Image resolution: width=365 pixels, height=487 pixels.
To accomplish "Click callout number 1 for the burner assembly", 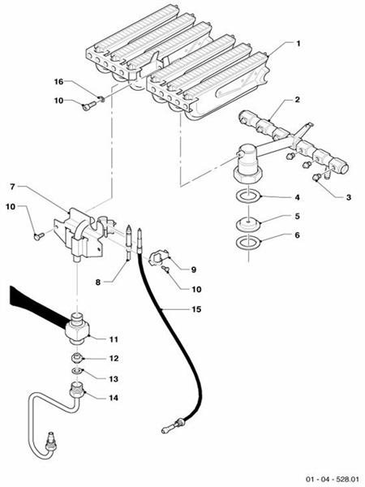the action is pos(298,44).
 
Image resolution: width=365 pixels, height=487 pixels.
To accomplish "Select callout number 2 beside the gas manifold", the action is pos(298,100).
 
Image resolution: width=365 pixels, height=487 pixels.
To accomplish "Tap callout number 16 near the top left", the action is pos(58,82).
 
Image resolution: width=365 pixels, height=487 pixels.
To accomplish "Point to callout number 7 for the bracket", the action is pos(13,187).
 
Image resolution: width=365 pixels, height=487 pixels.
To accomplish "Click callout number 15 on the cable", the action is pos(196,309).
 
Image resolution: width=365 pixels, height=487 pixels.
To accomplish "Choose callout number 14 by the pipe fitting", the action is pos(114,398).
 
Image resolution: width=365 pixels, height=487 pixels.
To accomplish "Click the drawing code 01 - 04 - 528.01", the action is pos(333,479).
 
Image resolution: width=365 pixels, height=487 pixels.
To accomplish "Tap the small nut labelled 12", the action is pos(77,358).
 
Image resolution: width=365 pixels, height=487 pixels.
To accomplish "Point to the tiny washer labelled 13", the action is pos(76,371).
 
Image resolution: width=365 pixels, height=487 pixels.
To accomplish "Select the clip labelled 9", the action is pos(157,257).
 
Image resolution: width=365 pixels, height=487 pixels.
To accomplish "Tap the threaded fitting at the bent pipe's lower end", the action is pos(51,440).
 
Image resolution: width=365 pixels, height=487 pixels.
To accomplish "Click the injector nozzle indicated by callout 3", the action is pos(316,177).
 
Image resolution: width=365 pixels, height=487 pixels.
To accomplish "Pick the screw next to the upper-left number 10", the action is pos(88,106).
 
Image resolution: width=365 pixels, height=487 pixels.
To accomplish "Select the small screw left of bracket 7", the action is pos(38,237).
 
